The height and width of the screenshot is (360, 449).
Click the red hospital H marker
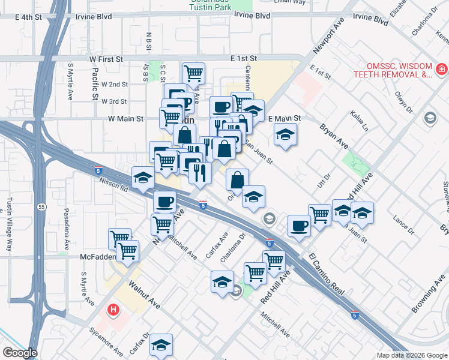(112, 310)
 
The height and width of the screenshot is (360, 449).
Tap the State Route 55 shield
(41, 207)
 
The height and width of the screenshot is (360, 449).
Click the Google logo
(20, 353)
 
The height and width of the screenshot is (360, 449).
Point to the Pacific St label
(95, 83)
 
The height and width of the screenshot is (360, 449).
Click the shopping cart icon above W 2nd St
(193, 74)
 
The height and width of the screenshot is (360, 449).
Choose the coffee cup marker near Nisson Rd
(164, 202)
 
